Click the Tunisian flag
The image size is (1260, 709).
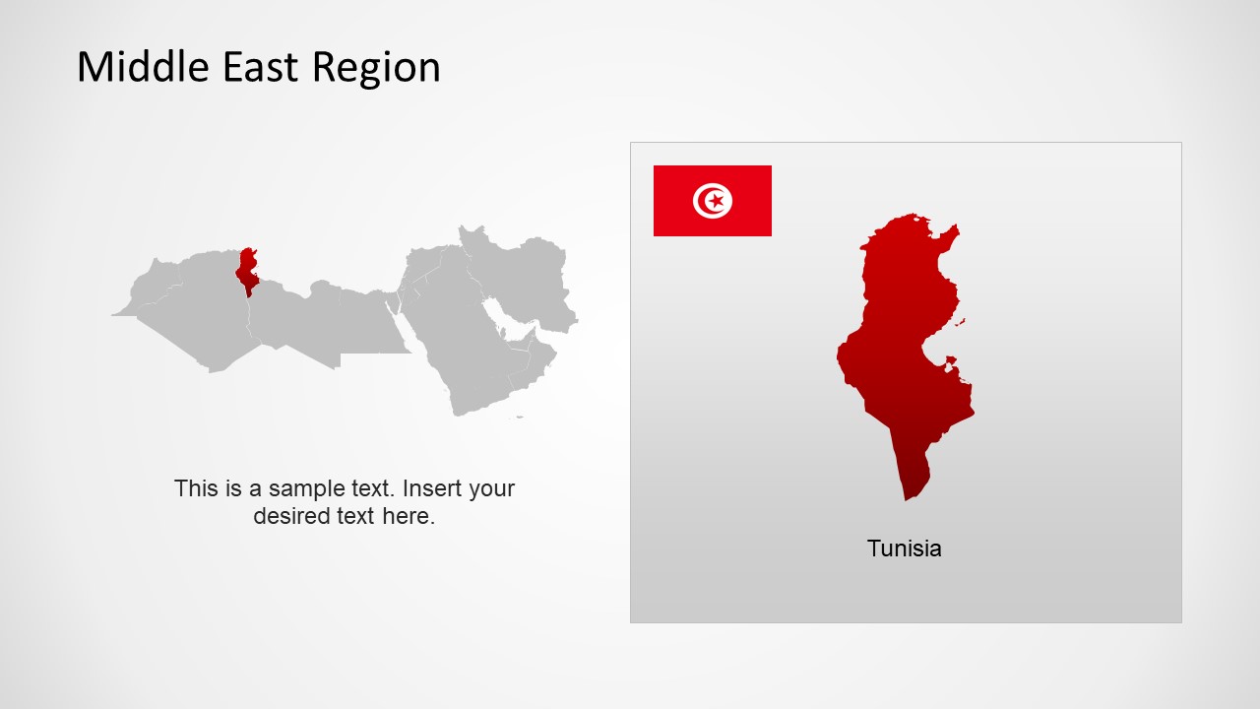712,201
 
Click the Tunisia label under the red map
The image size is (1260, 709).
904,548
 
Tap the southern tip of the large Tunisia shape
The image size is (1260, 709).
909,494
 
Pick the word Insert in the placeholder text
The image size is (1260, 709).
432,488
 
